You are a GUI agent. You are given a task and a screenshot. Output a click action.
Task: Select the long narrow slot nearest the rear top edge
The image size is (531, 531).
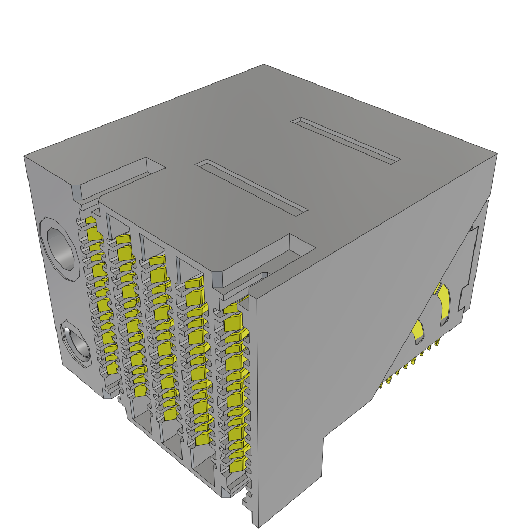point(346,141)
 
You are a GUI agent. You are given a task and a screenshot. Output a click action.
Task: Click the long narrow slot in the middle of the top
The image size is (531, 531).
point(251,187)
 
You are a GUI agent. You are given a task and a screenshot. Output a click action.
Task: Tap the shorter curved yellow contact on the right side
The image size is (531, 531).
point(418,332)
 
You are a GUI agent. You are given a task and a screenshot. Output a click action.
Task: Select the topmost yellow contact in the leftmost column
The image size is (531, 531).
point(92,222)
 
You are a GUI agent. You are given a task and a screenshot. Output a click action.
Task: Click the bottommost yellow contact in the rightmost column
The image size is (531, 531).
point(236,466)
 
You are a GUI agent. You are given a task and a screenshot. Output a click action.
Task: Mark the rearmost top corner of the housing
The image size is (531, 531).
point(264,65)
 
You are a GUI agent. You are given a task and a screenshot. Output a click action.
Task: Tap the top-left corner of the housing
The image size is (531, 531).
point(24,156)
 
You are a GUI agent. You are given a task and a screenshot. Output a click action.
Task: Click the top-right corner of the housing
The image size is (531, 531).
point(497,153)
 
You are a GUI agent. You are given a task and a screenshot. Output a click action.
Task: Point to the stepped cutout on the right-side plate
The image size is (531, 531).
point(469,270)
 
